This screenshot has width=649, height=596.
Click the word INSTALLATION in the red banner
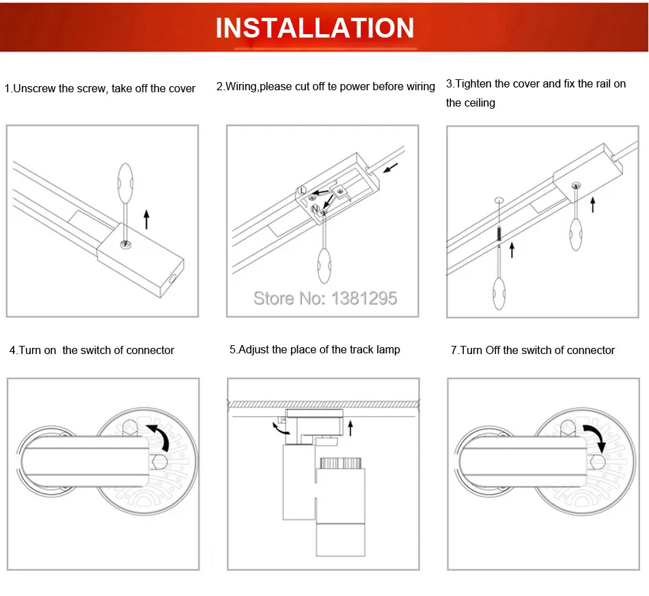pos(314,28)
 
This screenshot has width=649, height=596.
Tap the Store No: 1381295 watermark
pos(325,298)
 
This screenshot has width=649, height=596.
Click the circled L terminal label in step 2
pos(302,190)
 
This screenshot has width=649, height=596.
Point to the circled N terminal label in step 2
pos(315,208)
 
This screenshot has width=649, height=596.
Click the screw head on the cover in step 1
pos(126,245)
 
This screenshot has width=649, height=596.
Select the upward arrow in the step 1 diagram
pos(146,219)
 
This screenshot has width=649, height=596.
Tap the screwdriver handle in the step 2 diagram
pos(324,265)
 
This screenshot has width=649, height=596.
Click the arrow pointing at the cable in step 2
pos(391,167)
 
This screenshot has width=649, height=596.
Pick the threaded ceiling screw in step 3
pos(499,234)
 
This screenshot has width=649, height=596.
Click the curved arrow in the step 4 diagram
pos(159,435)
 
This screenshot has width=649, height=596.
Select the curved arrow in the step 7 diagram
pos(596,438)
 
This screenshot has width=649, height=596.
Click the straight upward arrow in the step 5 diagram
pos(350,429)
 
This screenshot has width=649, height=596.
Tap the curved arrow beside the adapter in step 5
pos(280,429)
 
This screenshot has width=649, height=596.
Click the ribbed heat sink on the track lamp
pos(341,462)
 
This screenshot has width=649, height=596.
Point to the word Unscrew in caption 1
pos(34,88)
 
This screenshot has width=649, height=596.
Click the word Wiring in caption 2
pos(242,87)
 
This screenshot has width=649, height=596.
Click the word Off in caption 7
pos(493,350)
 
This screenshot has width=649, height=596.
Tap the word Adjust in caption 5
pos(254,349)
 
